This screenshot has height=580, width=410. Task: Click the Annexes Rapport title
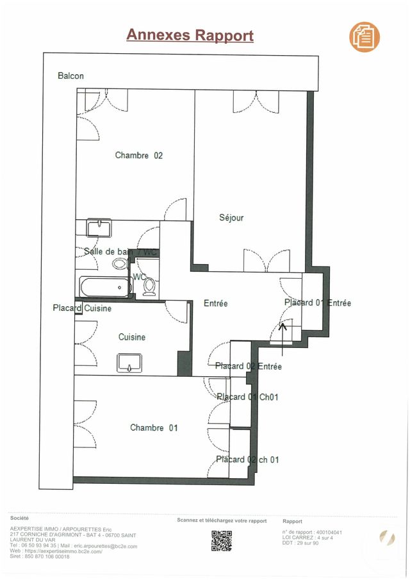coord(190,35)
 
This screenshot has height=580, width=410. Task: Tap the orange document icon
coord(365,37)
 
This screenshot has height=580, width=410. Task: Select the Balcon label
coord(70,76)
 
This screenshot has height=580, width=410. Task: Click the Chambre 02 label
coord(138,155)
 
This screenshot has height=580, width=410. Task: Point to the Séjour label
coord(231,218)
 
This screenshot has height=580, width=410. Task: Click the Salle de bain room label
coord(109,252)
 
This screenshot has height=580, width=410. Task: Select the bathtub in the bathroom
coord(105,286)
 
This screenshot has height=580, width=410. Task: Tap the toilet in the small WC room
coord(149,287)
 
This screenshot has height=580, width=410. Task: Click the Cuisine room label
coord(132,337)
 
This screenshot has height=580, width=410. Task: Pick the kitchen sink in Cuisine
coord(133,363)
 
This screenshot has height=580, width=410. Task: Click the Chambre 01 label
coord(154,427)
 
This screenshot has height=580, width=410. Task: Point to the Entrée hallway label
coord(216,303)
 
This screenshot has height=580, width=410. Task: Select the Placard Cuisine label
coord(82,308)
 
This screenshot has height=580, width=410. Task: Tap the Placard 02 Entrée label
coord(249,367)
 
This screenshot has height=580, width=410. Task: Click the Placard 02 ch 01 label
coord(247,460)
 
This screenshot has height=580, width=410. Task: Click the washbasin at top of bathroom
coord(99,228)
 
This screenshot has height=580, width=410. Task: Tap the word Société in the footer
coord(19,517)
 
